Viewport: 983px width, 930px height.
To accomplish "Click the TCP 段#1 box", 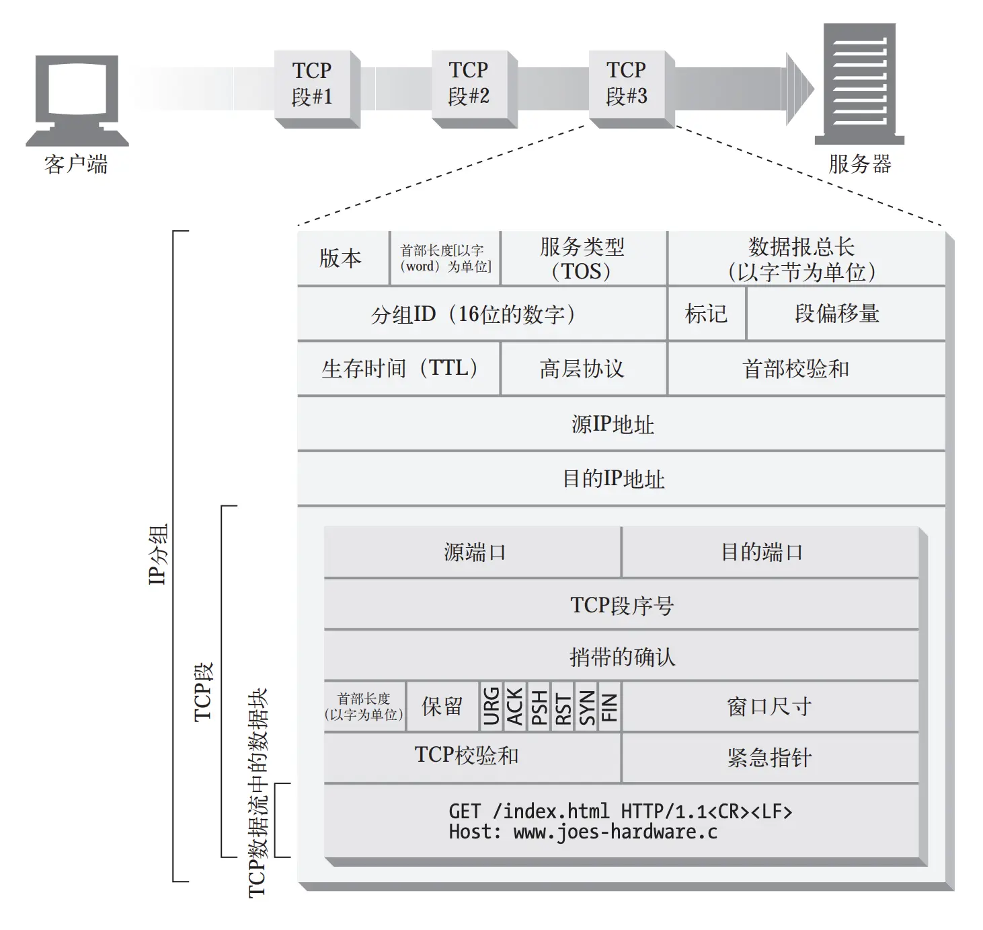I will (312, 83).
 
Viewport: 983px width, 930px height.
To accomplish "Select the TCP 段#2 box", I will (469, 83).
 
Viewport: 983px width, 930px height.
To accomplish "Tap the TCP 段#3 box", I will (626, 83).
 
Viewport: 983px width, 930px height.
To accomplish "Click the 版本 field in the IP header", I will (342, 258).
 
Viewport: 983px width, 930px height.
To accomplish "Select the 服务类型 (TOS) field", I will (582, 258).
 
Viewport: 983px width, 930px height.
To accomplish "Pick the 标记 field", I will (706, 314).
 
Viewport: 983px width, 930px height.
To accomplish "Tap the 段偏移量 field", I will (838, 314).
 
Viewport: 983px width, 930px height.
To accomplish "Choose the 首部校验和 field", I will (797, 369).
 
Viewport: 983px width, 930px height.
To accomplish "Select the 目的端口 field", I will (762, 552).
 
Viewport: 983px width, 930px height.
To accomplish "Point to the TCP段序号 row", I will (622, 605).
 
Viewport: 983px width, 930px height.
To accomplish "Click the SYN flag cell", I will (587, 707).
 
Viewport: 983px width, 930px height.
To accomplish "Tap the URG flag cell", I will (491, 707).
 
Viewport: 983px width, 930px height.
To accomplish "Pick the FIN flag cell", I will (609, 707).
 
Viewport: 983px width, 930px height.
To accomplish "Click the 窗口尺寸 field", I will (769, 707).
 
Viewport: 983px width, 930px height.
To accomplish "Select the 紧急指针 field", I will (769, 758).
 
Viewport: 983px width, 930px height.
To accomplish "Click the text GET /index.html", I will (529, 812).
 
